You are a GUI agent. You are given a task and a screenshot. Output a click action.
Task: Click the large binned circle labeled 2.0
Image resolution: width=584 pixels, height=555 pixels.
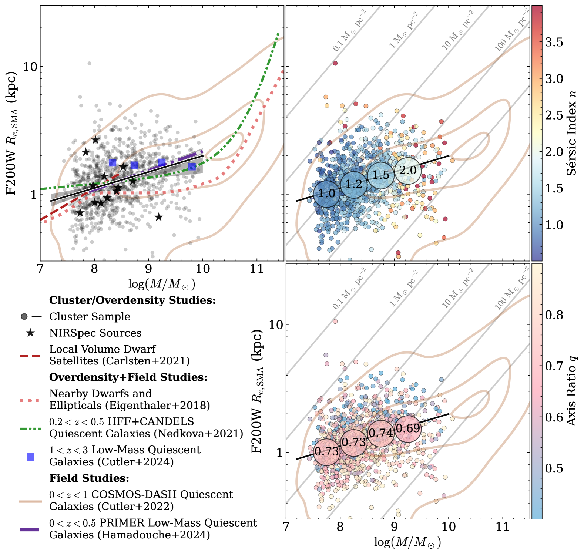(x=408, y=171)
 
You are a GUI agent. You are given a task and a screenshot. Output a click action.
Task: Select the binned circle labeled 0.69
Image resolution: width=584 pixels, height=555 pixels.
(x=408, y=428)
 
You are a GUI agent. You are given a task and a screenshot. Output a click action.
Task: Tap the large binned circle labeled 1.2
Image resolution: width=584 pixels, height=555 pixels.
(x=354, y=184)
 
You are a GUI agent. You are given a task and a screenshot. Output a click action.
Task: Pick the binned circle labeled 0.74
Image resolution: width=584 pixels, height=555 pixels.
(x=381, y=433)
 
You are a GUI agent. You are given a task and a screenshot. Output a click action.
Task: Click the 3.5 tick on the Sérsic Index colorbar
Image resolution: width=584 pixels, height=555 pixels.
(x=554, y=42)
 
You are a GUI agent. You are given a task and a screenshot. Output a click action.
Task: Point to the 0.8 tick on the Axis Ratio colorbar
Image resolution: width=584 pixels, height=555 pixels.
(x=554, y=315)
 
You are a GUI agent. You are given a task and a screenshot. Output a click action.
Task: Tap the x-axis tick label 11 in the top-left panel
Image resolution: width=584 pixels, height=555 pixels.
(x=256, y=268)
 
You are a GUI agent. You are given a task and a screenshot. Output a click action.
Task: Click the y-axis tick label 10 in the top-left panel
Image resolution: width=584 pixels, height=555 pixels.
(x=30, y=67)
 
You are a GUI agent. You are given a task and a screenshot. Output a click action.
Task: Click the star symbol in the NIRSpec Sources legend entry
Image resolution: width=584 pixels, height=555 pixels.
(x=30, y=333)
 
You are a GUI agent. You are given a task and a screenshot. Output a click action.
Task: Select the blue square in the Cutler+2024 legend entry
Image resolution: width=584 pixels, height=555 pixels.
(x=30, y=457)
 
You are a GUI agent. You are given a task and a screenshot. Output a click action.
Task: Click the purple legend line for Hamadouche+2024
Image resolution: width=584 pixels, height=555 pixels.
(x=30, y=530)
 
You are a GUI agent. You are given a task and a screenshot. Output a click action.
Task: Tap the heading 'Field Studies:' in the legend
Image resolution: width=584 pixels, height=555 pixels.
(x=89, y=478)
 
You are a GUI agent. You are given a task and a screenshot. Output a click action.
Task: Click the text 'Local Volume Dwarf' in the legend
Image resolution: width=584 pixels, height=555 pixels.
(x=103, y=349)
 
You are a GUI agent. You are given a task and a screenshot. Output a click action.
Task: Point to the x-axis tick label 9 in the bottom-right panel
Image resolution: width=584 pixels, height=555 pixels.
(x=395, y=527)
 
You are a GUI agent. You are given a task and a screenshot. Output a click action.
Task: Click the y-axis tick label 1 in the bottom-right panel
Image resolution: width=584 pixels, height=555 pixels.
(x=279, y=453)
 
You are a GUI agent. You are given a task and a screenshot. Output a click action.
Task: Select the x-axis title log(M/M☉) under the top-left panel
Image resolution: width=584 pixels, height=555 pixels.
(x=161, y=284)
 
